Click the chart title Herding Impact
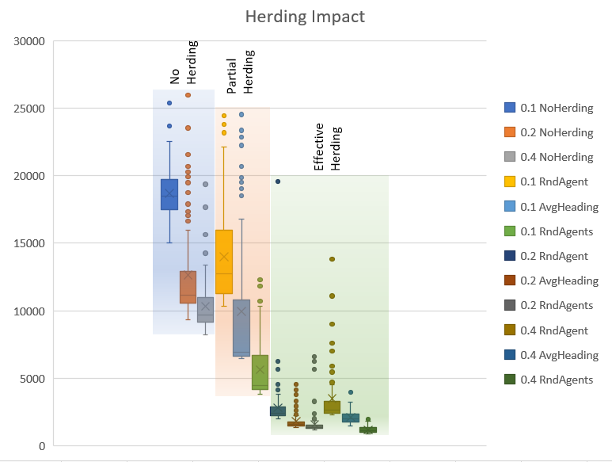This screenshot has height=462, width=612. point(305,17)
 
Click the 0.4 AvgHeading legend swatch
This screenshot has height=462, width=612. point(511,355)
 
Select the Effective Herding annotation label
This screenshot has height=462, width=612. point(327,147)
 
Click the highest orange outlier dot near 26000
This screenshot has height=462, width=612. point(188,95)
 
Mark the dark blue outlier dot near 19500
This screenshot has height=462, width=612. point(278,181)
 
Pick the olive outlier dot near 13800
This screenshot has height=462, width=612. point(332,259)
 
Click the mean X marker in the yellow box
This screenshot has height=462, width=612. point(224,257)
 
